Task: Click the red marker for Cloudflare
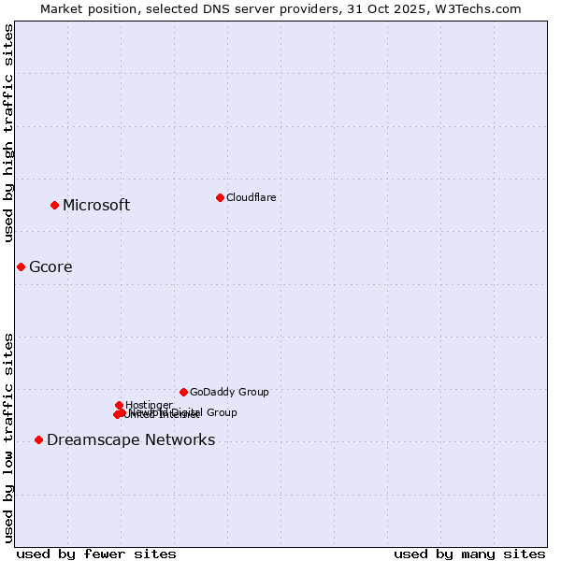tap(220, 197)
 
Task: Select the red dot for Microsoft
tap(55, 205)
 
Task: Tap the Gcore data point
tap(21, 266)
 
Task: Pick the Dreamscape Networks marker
tap(38, 439)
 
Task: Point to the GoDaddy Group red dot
tap(183, 392)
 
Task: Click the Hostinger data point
tap(120, 405)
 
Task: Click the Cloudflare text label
tap(251, 197)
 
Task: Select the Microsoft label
tap(96, 206)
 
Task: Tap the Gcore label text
tap(50, 267)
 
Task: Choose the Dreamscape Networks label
tap(131, 440)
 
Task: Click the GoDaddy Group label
tap(229, 393)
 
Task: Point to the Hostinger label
tap(149, 405)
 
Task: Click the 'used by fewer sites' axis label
tap(96, 554)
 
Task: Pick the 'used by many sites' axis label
tap(469, 554)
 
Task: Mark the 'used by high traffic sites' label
tap(9, 133)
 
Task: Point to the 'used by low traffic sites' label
tap(9, 437)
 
